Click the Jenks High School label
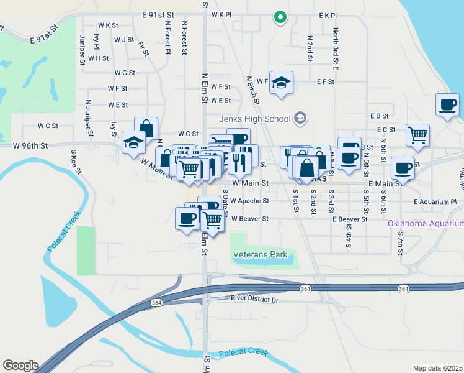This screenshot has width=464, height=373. coord(254,119)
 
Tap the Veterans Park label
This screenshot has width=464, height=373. coord(260,254)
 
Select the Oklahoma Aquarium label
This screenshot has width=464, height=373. coord(426,223)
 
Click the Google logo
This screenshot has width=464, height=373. coord(20,366)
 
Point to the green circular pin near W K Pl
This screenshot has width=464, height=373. coord(280,17)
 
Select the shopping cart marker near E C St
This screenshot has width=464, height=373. coord(418,135)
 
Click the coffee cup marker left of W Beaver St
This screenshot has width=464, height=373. coord(187,218)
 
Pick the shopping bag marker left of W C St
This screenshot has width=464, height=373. coord(146,128)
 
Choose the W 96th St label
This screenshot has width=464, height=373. coord(30,146)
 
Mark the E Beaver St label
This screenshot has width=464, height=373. coord(350,219)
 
